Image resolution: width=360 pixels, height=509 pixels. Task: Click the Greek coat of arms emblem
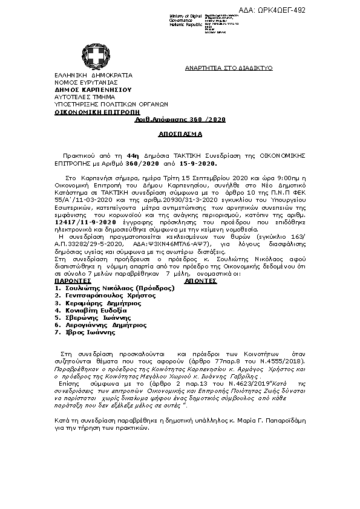coord(94,57)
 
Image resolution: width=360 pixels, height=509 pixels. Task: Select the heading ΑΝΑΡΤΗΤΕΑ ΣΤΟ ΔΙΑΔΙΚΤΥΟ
coord(229,69)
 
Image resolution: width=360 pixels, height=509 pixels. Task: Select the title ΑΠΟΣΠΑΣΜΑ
coord(180,134)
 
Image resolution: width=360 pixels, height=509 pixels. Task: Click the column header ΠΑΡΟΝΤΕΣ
coord(73,282)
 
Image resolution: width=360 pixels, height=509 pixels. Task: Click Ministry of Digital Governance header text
coord(186,17)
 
